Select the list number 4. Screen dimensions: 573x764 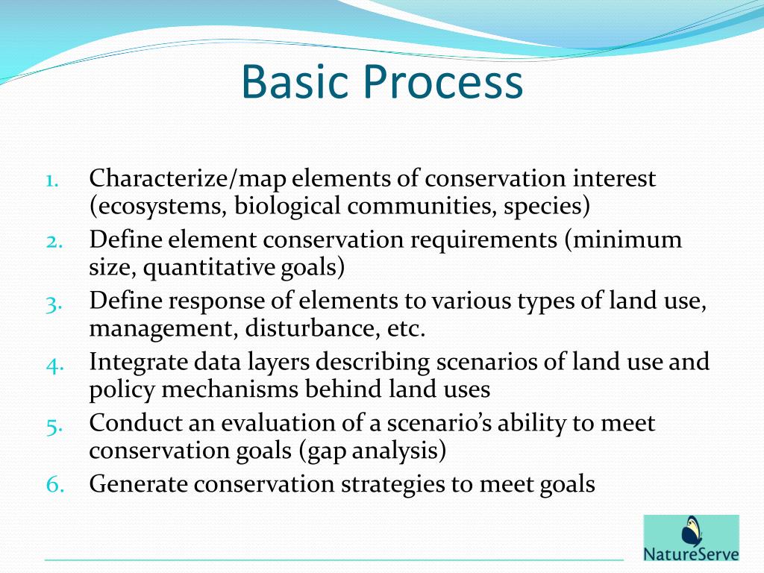point(56,363)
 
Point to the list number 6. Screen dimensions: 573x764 point(56,485)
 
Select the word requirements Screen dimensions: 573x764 point(481,240)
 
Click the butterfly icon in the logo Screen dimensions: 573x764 point(692,532)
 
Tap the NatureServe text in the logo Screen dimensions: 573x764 point(691,554)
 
